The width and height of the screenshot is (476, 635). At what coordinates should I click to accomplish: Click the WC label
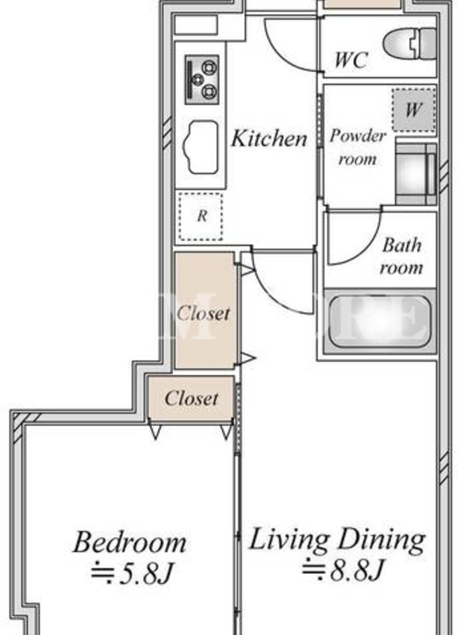(351, 60)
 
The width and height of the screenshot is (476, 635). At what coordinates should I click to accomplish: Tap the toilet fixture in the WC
(409, 43)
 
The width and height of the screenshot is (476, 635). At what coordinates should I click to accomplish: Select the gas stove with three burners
(202, 79)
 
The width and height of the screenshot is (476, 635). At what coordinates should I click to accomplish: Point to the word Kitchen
(269, 138)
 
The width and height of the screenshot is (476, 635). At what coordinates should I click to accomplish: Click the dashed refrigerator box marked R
(202, 216)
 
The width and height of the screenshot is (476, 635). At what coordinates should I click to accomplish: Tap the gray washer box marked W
(413, 110)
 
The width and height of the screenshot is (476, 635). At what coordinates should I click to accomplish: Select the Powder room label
(358, 147)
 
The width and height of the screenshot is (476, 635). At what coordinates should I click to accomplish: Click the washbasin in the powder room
(416, 174)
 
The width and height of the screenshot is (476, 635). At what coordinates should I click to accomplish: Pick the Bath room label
(401, 256)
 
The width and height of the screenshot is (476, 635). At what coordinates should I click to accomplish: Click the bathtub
(379, 321)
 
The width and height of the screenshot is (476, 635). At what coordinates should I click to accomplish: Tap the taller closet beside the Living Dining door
(205, 310)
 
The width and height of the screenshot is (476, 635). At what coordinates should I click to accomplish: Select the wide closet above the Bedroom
(191, 398)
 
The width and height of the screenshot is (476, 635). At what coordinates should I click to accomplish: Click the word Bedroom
(130, 542)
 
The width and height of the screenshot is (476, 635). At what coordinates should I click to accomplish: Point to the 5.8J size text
(132, 573)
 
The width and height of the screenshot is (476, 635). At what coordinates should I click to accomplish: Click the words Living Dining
(336, 540)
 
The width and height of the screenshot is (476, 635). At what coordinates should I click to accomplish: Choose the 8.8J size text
(343, 569)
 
